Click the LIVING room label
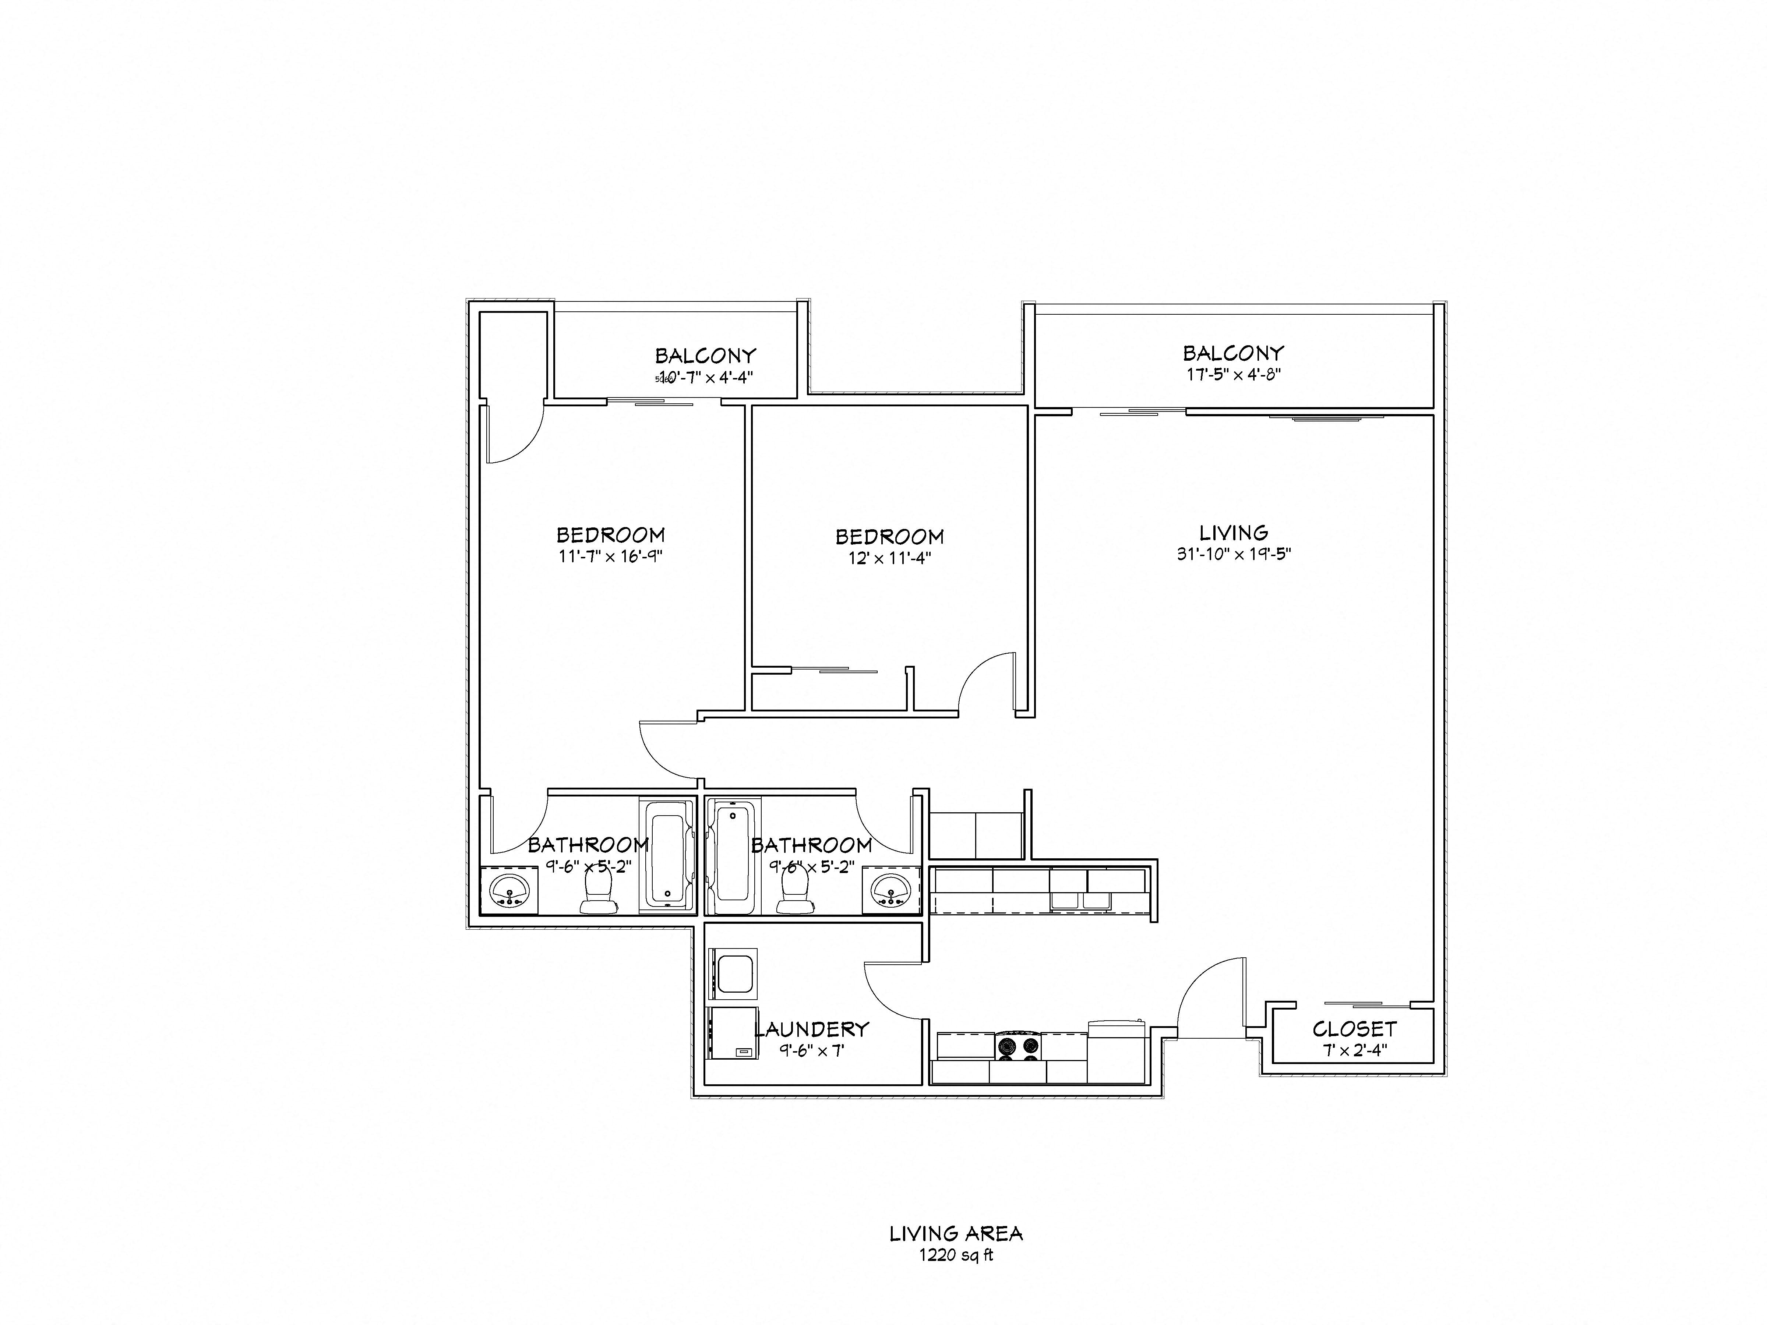pos(1233,532)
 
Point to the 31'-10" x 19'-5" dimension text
pos(1233,554)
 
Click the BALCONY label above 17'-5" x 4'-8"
pos(1233,352)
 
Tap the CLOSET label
pos(1354,1029)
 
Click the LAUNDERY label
pos(812,1029)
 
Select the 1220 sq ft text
pos(956,1255)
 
